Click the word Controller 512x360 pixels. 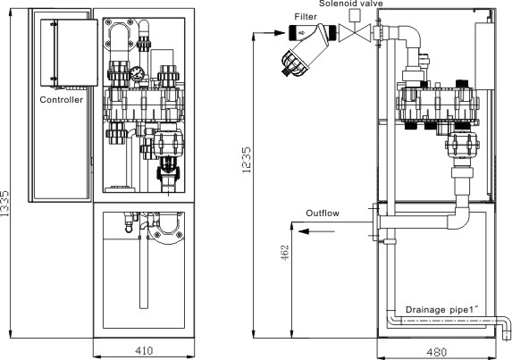[61, 99]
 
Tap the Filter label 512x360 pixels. [306, 16]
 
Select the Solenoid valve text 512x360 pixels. [350, 4]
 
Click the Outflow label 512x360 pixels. [323, 213]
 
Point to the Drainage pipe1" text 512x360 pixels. [441, 309]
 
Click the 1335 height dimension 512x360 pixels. [4, 204]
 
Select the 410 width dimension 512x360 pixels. [144, 350]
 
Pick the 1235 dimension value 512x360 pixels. [247, 160]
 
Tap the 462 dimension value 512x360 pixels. [285, 253]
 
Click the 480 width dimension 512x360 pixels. [437, 352]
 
